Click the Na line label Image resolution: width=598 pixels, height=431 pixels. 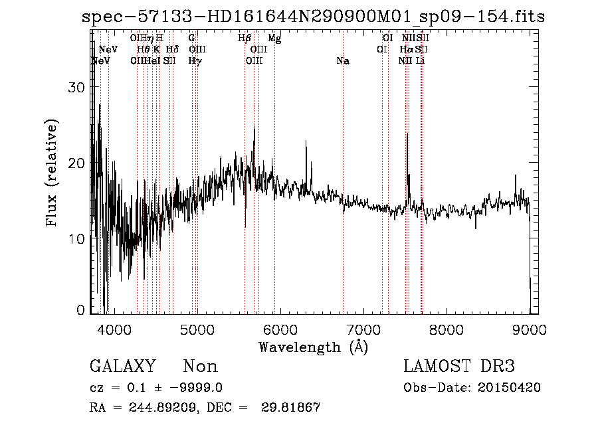coord(343,61)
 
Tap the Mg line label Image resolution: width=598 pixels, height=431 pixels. coord(274,39)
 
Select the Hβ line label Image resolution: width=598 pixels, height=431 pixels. coord(245,39)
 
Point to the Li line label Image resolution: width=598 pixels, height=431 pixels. coord(420,61)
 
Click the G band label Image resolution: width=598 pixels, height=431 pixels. coord(191,39)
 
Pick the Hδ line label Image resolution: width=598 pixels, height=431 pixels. coord(172,50)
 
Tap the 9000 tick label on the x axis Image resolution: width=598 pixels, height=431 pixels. coord(530,330)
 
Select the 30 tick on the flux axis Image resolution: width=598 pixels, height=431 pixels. coord(80,88)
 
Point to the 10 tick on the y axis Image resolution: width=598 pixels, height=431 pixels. coord(80,238)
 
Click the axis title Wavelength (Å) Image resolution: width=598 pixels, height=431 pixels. coord(313,347)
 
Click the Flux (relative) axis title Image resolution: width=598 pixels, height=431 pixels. coord(52,173)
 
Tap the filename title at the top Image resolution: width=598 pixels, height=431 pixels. coord(313,17)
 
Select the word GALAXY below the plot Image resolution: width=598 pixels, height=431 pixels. coord(122,367)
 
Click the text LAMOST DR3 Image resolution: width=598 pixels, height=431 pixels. coord(459,367)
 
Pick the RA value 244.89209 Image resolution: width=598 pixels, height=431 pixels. coord(160,408)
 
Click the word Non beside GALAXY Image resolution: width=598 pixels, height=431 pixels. coord(200,367)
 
